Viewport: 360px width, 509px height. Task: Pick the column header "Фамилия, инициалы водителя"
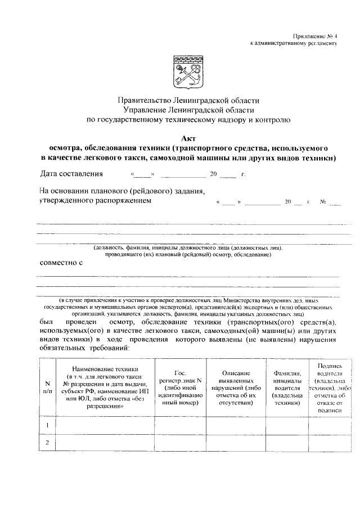tap(288, 388)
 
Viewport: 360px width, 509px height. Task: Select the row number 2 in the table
tap(47, 443)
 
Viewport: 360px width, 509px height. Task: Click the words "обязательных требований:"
tap(84, 348)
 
